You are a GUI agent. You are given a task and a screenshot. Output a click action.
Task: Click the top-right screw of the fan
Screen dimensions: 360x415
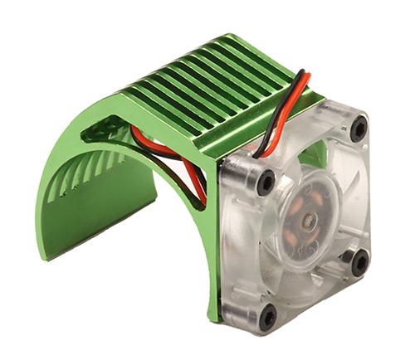click(359, 129)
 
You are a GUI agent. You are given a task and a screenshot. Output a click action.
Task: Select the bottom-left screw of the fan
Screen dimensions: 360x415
click(267, 317)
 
